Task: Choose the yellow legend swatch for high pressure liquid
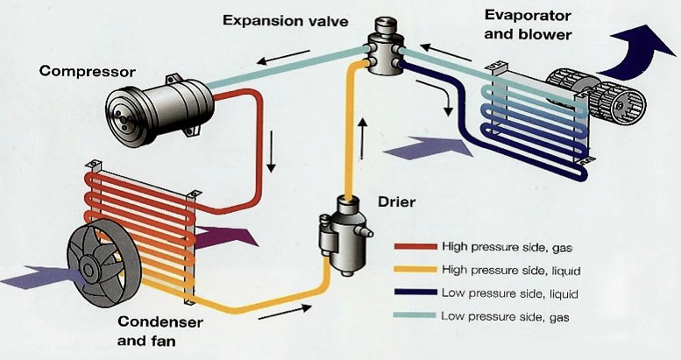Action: [413, 270]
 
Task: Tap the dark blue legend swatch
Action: [413, 293]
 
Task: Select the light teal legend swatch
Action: [413, 317]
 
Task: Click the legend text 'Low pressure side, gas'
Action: [507, 317]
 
